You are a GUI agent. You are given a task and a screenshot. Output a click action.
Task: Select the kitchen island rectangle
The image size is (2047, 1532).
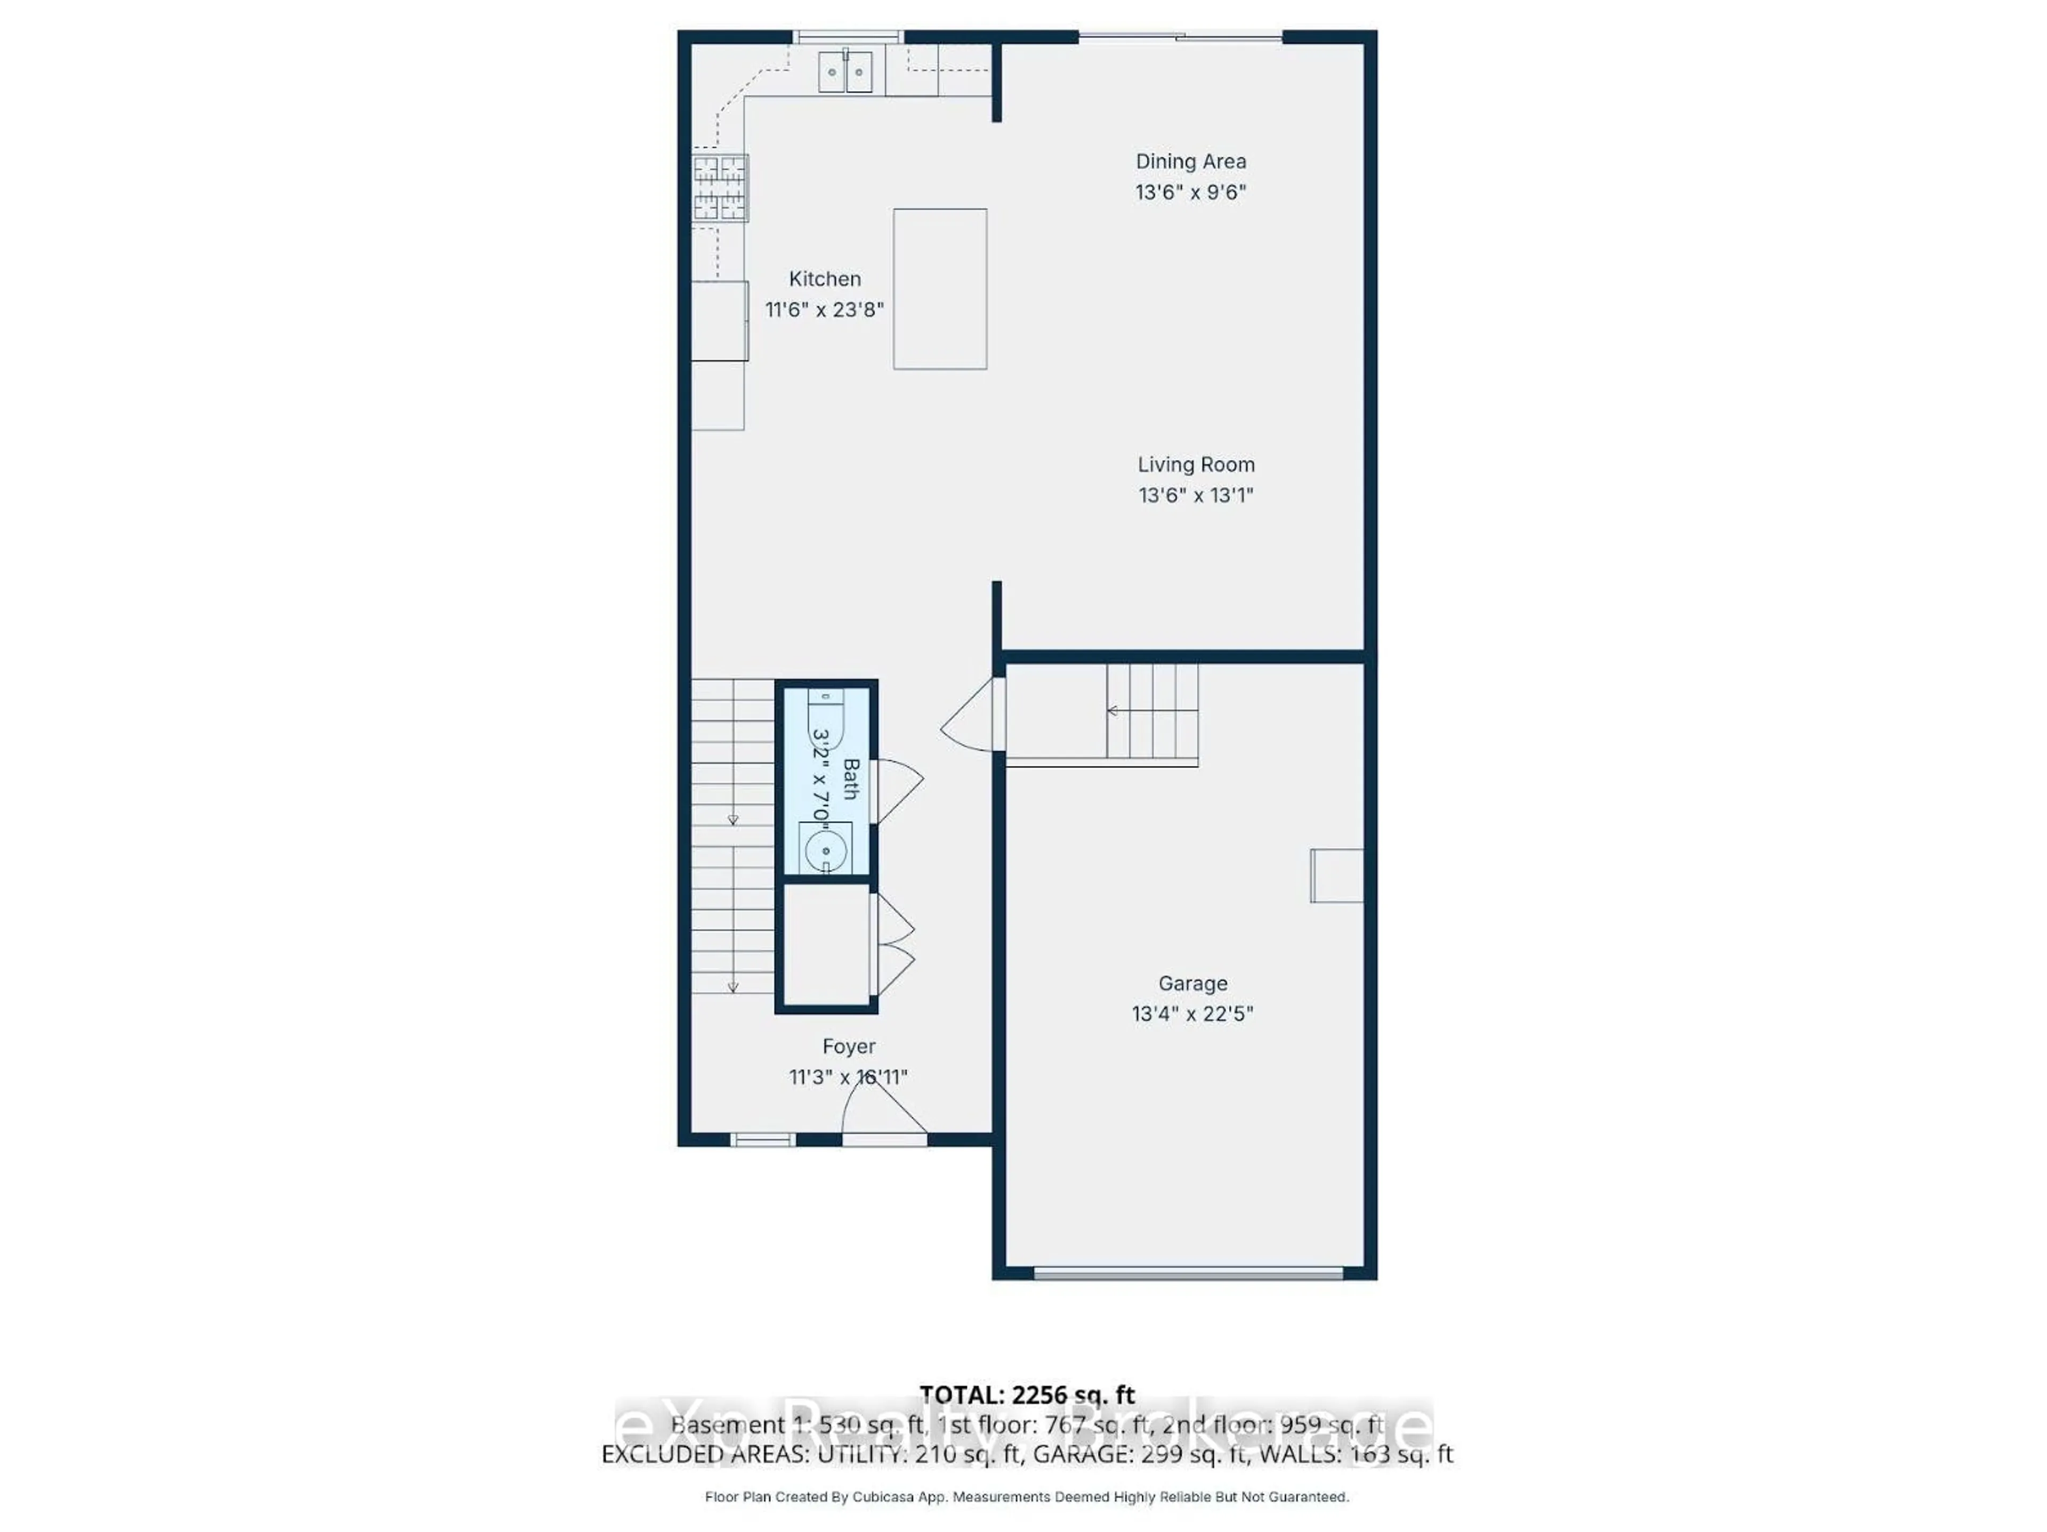coord(939,289)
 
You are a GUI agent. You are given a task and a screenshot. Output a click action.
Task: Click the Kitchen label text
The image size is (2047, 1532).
coord(825,279)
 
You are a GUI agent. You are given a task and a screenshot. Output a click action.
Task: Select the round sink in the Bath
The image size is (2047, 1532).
coord(825,850)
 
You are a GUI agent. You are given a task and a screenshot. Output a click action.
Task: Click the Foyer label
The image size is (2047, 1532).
coord(849,1047)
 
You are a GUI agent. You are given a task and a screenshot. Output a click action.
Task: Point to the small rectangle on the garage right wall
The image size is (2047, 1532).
coord(1336,875)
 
